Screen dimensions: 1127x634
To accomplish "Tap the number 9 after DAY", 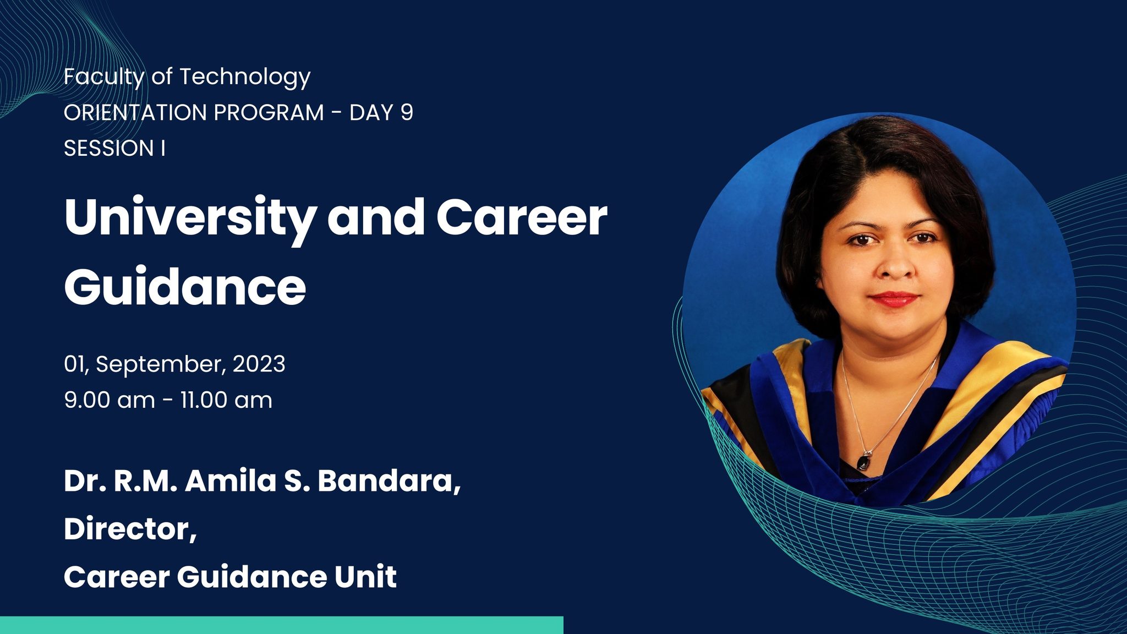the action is click(x=407, y=112).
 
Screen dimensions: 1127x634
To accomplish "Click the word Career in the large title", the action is click(x=522, y=217).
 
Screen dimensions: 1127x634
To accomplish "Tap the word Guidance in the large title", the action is click(x=185, y=286).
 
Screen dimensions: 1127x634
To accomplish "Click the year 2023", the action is click(x=259, y=364).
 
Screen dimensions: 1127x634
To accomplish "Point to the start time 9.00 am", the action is click(x=110, y=400).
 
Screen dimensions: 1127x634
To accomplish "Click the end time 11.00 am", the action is click(x=226, y=400).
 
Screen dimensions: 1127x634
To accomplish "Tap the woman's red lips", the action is click(x=894, y=299).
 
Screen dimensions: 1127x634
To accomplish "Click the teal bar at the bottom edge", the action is click(x=282, y=625).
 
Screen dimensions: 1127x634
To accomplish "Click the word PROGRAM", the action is click(x=269, y=112).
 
